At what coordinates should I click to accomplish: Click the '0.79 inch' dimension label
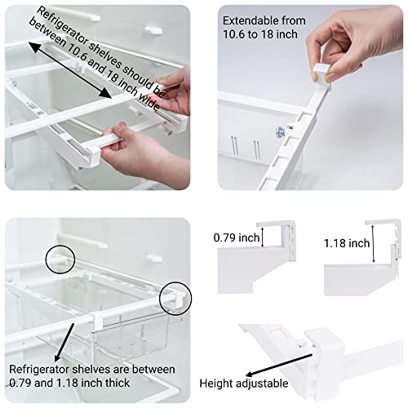[x=237, y=237]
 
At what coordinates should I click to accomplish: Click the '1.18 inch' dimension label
[x=347, y=243]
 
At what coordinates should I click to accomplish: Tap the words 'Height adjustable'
[x=244, y=384]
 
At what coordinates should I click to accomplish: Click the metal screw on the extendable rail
[x=280, y=132]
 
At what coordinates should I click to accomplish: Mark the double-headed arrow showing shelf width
[x=69, y=70]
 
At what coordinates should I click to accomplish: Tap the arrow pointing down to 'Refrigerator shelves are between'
[x=64, y=343]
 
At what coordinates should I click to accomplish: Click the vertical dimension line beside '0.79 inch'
[x=263, y=237]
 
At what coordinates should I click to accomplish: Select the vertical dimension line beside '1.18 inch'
[x=373, y=243]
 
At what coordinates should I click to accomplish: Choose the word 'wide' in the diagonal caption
[x=149, y=102]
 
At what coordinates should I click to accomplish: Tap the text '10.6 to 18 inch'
[x=260, y=34]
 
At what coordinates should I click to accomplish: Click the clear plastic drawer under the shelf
[x=131, y=337]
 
